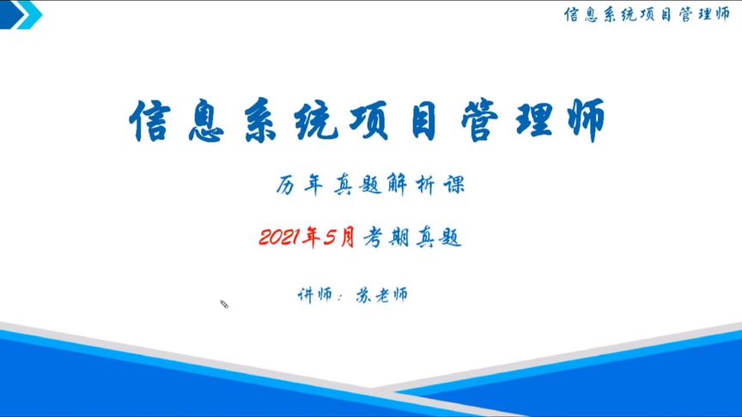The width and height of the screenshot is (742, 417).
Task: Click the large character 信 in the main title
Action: click(x=150, y=121)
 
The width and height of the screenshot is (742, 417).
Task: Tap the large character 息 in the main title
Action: click(x=206, y=121)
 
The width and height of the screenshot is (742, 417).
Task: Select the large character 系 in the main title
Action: click(x=261, y=121)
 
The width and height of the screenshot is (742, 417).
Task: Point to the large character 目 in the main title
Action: click(x=423, y=121)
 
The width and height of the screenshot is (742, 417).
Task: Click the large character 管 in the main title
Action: click(x=479, y=121)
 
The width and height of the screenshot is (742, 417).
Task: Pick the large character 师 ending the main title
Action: click(x=587, y=121)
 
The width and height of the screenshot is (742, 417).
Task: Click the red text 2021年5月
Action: click(x=307, y=237)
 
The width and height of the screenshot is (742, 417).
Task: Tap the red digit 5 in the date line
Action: click(x=330, y=238)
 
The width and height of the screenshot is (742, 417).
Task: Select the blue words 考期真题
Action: click(x=412, y=238)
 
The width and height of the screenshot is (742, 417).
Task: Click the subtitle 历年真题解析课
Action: click(x=370, y=184)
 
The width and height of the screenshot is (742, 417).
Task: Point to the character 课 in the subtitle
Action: click(x=454, y=184)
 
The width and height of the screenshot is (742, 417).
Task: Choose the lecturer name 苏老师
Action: click(x=381, y=295)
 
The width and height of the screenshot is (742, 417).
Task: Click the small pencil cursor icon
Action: click(x=224, y=304)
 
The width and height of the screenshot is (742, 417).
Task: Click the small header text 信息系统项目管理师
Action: click(x=647, y=15)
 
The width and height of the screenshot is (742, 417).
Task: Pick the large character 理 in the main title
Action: click(x=534, y=121)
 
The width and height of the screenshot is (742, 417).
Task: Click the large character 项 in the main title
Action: click(x=369, y=121)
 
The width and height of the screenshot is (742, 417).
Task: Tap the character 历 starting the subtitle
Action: click(x=285, y=184)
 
